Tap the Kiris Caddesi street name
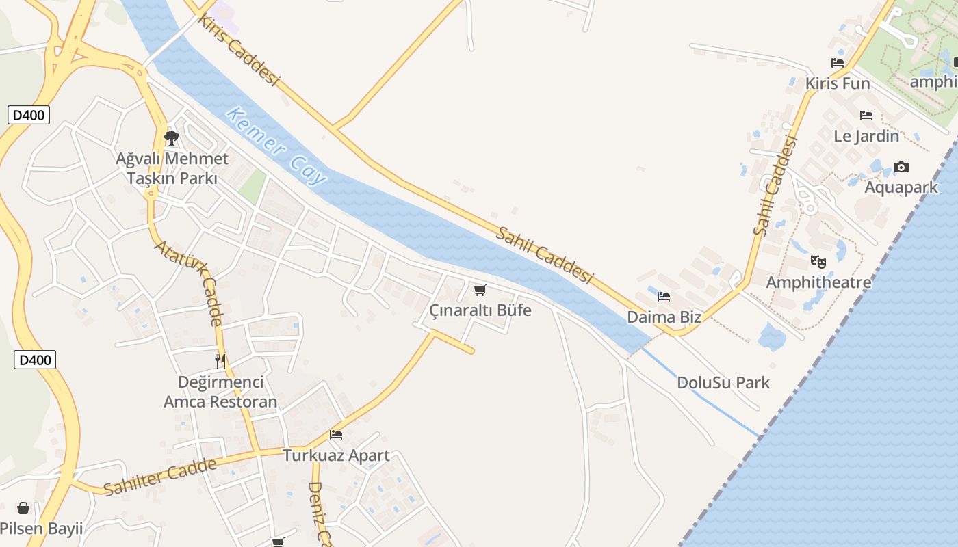[239, 49]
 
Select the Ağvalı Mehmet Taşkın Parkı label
[172, 168]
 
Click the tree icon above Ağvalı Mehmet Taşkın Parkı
[171, 139]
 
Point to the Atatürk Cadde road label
[190, 282]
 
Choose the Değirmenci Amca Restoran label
[220, 392]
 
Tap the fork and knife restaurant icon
[220, 361]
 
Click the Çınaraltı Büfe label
[480, 310]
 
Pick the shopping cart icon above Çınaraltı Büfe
[480, 291]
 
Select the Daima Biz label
[664, 317]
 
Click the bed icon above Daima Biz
[664, 297]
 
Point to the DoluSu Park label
[723, 382]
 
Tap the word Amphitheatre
[818, 282]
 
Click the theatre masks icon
[818, 261]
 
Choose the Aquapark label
[901, 187]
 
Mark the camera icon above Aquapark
[901, 168]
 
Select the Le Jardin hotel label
[866, 135]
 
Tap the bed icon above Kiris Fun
[838, 63]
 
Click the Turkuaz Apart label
[336, 455]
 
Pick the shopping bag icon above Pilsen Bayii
[23, 508]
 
